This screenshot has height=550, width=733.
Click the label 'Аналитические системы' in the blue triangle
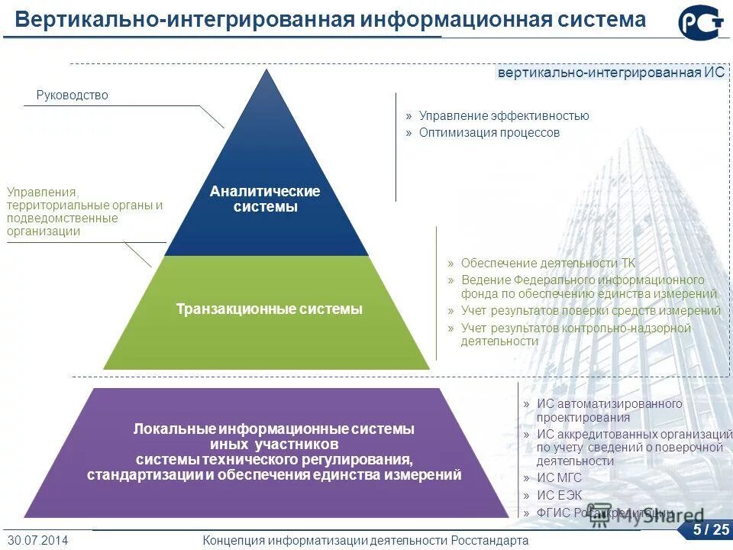[x=265, y=199]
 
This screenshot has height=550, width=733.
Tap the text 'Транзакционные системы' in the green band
[x=269, y=309]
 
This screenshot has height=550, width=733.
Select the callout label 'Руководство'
[x=73, y=95]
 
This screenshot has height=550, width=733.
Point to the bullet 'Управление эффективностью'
[x=504, y=116]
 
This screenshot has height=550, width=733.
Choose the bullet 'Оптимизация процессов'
[x=489, y=132]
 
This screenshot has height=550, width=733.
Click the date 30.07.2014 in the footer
[x=38, y=540]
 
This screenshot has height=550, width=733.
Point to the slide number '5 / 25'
[x=711, y=529]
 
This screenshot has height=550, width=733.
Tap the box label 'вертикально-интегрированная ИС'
[x=611, y=73]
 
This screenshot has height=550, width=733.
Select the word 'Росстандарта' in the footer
[x=488, y=540]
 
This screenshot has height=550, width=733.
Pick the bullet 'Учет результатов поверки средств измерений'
[x=591, y=311]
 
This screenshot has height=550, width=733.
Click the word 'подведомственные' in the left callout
[x=63, y=218]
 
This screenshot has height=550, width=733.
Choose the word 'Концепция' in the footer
[x=234, y=540]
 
